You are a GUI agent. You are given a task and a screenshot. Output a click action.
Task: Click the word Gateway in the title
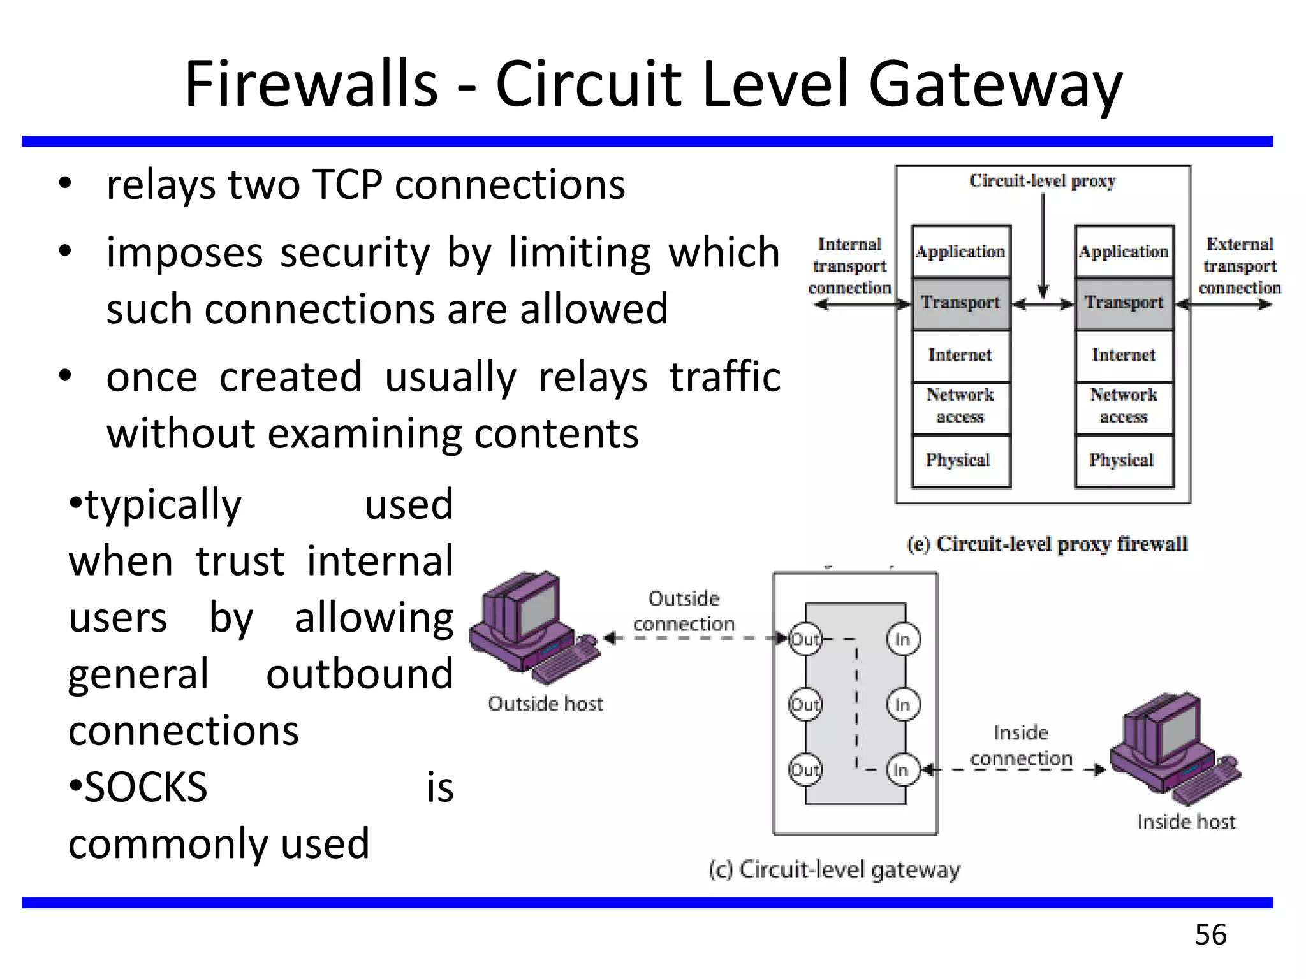click(995, 85)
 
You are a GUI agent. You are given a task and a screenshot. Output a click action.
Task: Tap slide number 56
click(1210, 935)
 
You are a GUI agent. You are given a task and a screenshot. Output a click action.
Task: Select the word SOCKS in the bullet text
click(145, 787)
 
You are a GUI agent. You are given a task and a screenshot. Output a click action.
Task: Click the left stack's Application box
click(960, 252)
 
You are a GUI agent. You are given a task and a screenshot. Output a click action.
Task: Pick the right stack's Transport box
click(1124, 303)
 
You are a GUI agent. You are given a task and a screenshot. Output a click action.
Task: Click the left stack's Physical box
click(959, 460)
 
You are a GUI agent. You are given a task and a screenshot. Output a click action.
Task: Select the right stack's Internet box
click(1124, 355)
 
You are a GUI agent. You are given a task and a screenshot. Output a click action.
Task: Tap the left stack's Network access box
click(960, 406)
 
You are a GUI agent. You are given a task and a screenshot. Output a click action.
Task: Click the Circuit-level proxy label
click(1042, 181)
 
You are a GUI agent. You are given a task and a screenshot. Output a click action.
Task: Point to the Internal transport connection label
click(849, 266)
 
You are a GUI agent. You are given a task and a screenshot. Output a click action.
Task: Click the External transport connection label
click(1239, 266)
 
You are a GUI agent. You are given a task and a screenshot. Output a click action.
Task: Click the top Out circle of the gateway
click(805, 639)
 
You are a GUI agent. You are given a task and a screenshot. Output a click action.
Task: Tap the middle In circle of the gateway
click(902, 705)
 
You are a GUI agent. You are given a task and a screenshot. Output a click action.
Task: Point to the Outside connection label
click(684, 611)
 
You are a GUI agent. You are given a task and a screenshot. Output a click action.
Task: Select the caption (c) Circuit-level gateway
click(834, 870)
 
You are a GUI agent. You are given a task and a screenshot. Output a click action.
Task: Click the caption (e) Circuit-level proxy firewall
click(1047, 544)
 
